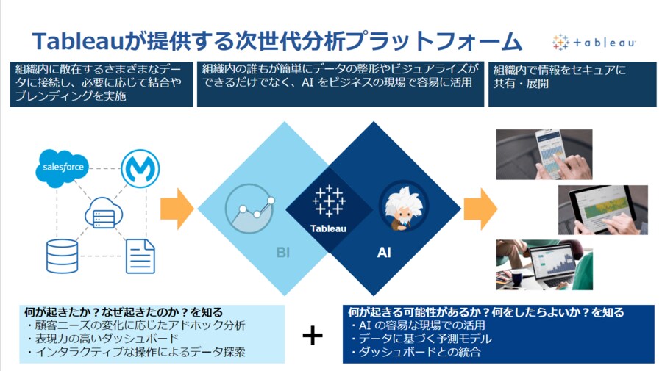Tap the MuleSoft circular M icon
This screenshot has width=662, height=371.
point(135,167)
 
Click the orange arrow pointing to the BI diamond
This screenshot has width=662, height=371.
point(177,209)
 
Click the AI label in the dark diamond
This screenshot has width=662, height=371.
point(384,253)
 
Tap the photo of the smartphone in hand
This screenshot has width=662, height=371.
point(544,154)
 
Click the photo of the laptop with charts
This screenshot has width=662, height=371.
point(544,264)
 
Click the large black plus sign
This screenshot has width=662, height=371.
point(313,335)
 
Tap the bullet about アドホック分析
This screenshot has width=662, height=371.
point(136,325)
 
